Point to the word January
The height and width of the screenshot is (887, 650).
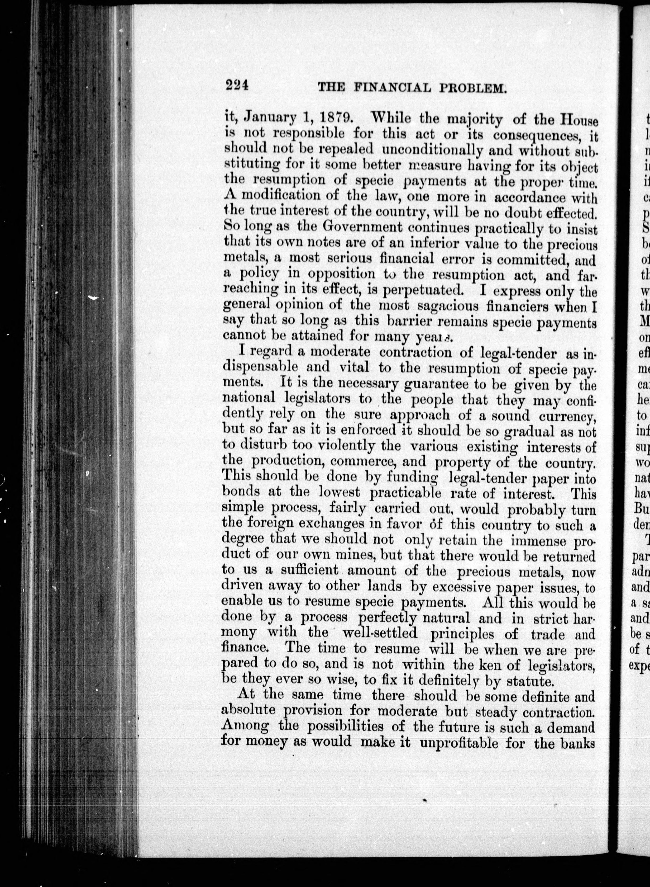tap(277, 118)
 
